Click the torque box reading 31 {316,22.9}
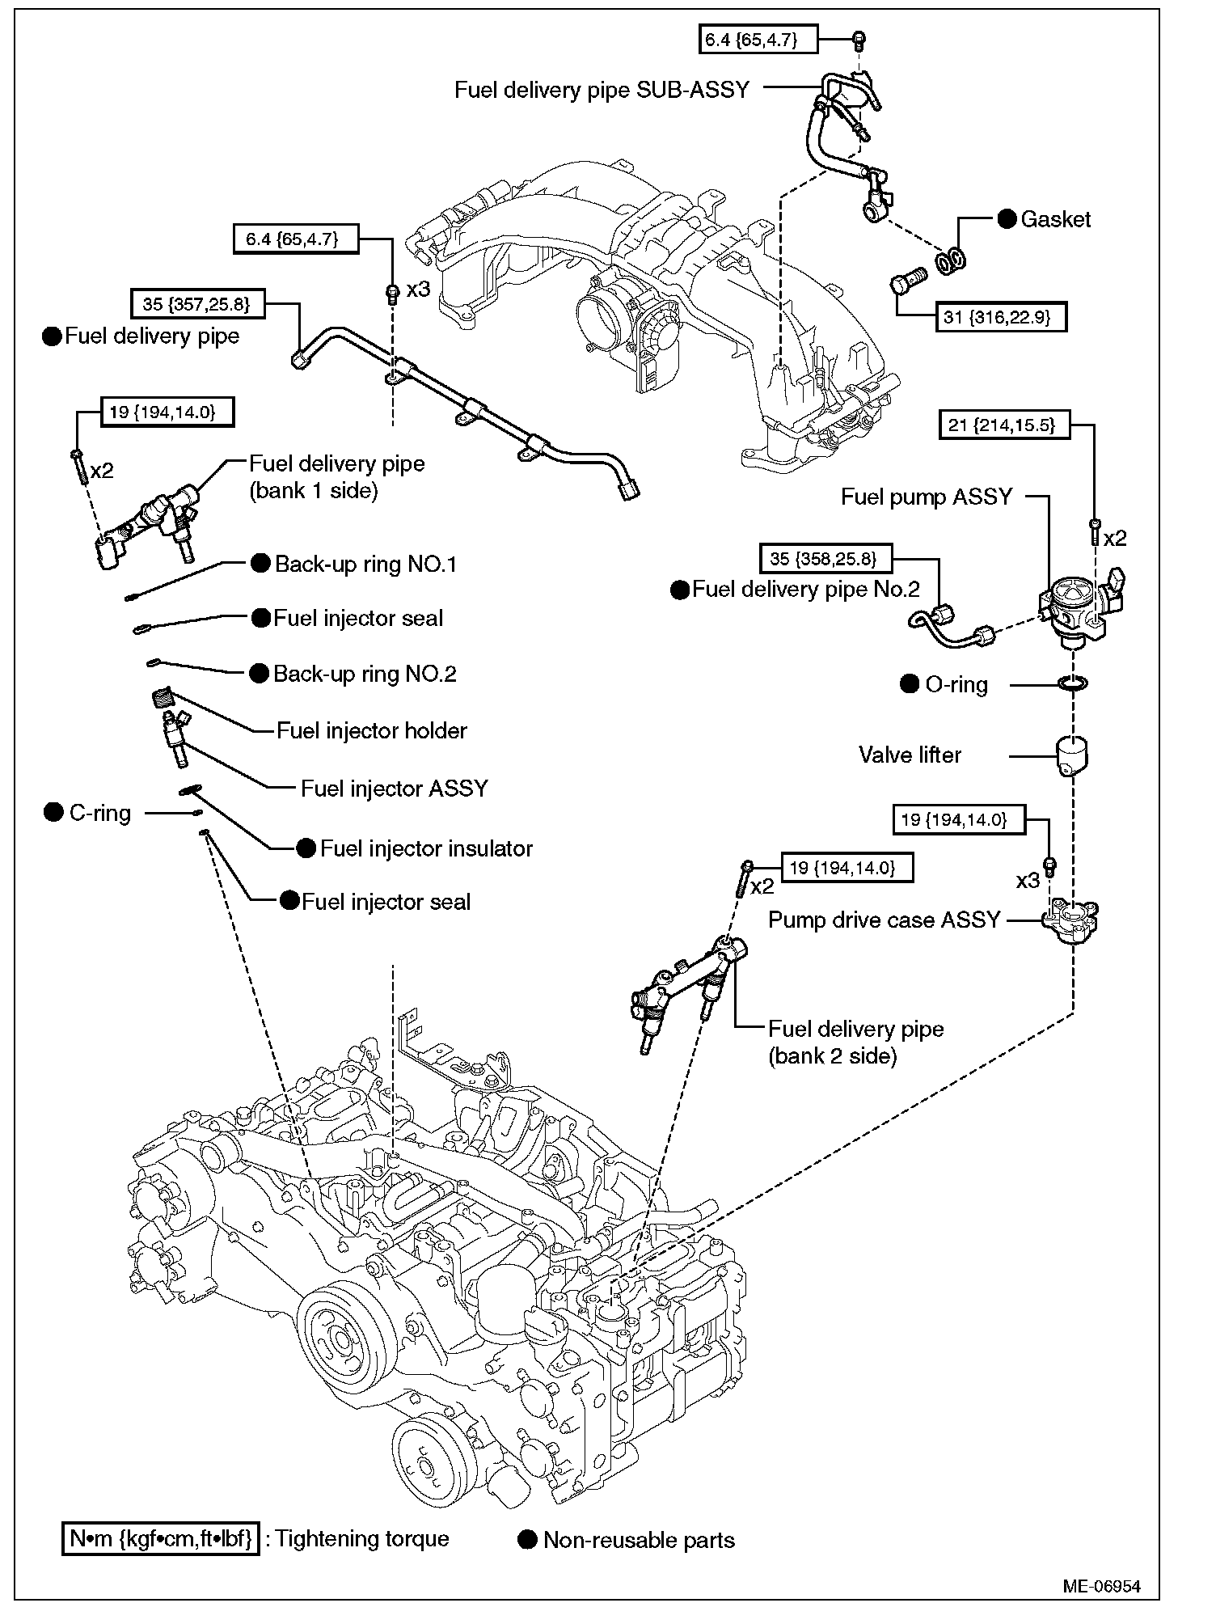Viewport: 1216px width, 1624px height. click(1002, 317)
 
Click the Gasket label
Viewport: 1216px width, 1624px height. click(1055, 219)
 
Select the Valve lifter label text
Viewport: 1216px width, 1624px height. click(910, 755)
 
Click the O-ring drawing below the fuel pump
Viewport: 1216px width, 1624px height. click(1072, 684)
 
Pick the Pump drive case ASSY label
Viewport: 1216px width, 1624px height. click(884, 920)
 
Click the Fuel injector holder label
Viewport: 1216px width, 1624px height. click(372, 731)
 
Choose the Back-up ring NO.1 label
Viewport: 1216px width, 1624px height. click(365, 565)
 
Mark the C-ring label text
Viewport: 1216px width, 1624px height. click(100, 813)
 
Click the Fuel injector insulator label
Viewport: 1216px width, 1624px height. click(426, 848)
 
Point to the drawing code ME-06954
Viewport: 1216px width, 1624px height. click(1101, 1587)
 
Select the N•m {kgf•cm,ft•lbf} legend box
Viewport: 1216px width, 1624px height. click(162, 1538)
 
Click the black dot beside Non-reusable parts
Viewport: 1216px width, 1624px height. click(528, 1540)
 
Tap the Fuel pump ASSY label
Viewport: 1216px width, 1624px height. click(927, 497)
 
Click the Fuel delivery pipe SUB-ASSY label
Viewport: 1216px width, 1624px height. click(602, 90)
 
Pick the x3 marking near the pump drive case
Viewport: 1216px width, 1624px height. click(1028, 881)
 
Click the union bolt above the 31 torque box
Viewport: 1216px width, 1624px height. click(906, 285)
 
